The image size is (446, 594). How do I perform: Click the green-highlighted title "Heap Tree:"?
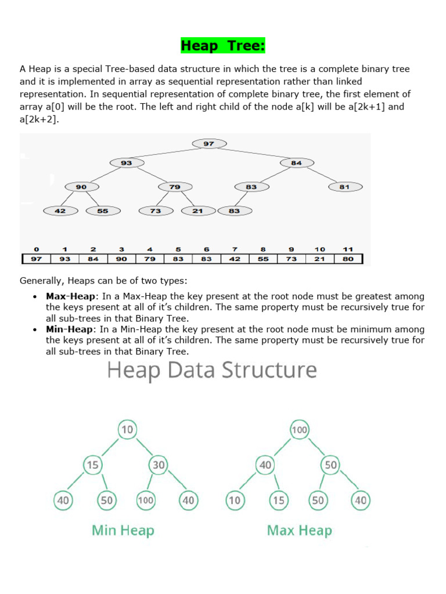223,45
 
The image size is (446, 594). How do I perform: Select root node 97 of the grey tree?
209,143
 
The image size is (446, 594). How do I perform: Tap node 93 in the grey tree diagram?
127,163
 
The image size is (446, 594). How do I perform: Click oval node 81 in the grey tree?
345,187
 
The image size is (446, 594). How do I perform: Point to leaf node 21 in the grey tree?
198,211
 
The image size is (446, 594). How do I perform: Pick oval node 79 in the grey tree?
175,187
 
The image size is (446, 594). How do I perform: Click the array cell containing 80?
348,259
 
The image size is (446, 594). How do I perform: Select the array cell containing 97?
36,259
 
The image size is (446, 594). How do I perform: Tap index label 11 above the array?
348,249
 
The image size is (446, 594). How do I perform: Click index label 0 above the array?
36,249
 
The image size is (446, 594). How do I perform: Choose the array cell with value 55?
263,259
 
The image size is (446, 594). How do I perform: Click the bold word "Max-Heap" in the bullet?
70,296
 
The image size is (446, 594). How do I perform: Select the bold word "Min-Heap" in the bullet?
69,329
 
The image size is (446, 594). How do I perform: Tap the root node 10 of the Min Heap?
127,430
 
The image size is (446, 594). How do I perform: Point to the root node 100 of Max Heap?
300,430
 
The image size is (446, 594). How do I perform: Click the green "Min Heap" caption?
123,530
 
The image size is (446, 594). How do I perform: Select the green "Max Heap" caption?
299,530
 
